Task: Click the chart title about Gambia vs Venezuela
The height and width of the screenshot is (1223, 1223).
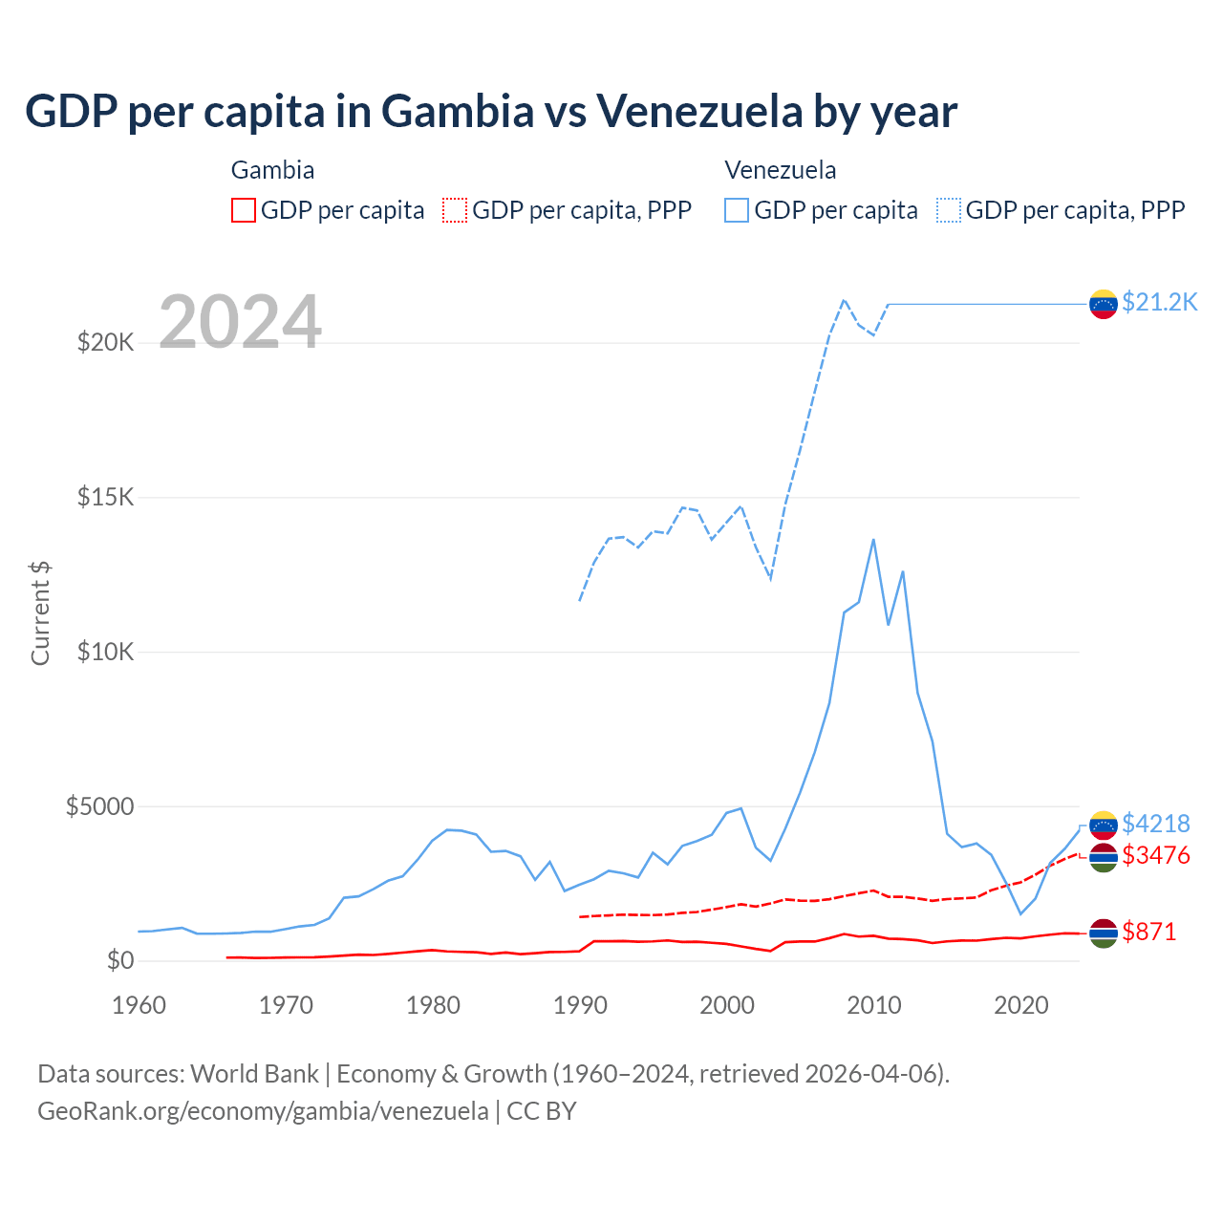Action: (491, 111)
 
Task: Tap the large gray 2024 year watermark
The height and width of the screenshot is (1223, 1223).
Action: (240, 322)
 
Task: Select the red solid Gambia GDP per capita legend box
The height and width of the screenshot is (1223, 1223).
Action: (244, 210)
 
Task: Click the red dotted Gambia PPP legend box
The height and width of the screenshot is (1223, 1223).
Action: (455, 210)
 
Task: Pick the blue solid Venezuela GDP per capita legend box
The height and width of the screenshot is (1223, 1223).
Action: (737, 210)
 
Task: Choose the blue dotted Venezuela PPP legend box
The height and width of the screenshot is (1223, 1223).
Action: (949, 210)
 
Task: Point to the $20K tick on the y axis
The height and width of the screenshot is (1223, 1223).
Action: (105, 342)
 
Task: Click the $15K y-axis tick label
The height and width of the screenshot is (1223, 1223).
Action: (105, 497)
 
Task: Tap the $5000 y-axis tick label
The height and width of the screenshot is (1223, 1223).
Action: (99, 806)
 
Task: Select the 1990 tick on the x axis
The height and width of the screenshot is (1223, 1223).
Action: (580, 1005)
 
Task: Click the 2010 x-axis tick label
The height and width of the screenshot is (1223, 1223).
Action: (874, 1005)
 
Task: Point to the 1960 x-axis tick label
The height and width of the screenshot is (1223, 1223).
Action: (139, 1005)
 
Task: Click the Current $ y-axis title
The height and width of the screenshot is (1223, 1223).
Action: (40, 613)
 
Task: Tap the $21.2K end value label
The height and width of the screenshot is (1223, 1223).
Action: (1159, 302)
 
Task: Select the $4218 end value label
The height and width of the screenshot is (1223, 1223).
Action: (1155, 824)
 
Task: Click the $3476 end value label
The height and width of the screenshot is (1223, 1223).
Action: (1155, 855)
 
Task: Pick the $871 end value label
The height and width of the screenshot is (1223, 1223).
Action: (1148, 932)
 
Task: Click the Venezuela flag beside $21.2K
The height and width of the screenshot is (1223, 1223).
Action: (1104, 304)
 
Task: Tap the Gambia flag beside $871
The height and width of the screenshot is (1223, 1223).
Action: (1104, 933)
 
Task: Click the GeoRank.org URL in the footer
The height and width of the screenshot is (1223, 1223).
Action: (263, 1111)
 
